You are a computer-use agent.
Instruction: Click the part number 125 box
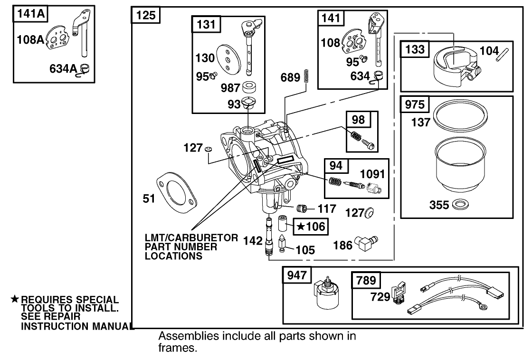pyautogui.click(x=146, y=15)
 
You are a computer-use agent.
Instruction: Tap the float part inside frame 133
pyautogui.click(x=454, y=67)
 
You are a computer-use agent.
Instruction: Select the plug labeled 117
pyautogui.click(x=300, y=208)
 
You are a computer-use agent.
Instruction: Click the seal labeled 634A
pyautogui.click(x=86, y=69)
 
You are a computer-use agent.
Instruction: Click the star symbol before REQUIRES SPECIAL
pyautogui.click(x=15, y=299)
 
